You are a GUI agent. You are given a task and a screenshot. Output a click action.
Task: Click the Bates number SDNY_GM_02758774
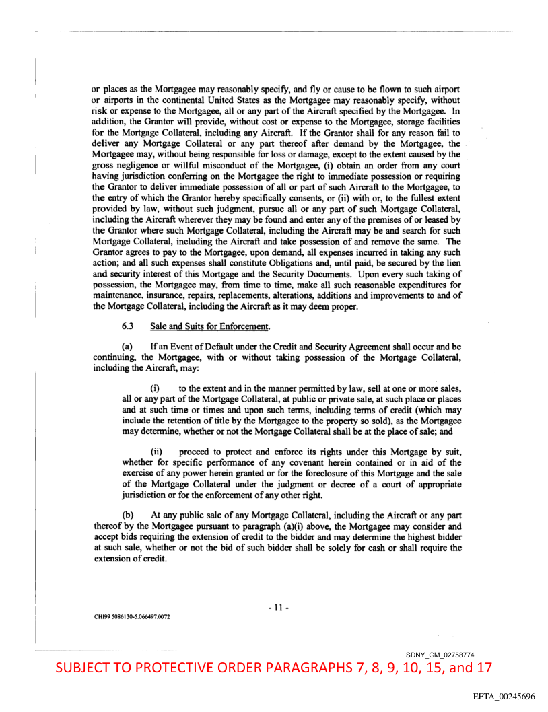tap(450, 655)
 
